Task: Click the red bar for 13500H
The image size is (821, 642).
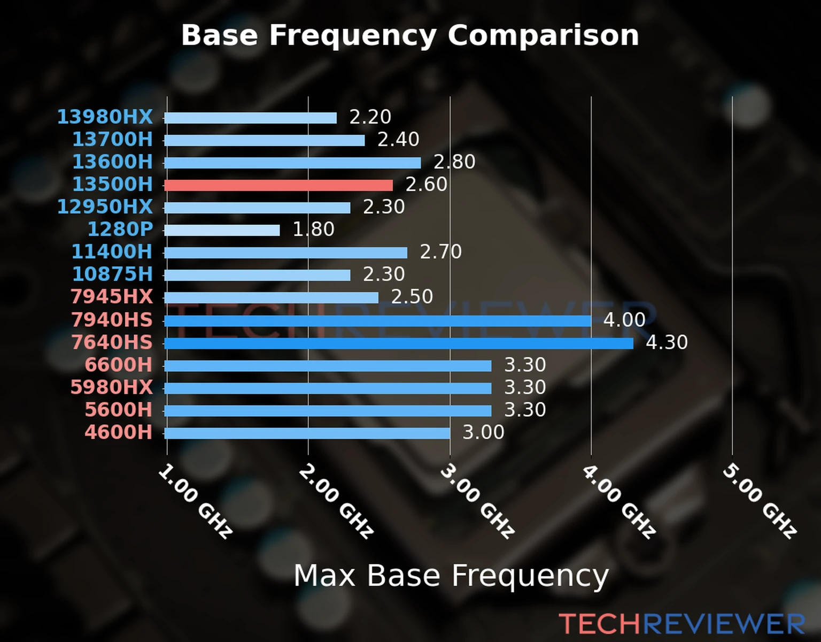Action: (278, 185)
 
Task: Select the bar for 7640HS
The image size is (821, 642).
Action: (399, 343)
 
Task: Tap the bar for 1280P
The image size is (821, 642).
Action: (222, 230)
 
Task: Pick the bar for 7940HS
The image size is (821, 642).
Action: (377, 320)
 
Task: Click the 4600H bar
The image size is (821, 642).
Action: (307, 433)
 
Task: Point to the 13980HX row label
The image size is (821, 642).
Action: (105, 117)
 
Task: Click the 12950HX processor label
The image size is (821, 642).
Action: (105, 207)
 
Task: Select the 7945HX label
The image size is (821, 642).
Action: (112, 296)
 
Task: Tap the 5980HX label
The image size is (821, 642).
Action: (112, 387)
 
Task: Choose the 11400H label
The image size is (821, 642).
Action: (112, 251)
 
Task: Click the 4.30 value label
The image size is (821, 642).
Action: (667, 342)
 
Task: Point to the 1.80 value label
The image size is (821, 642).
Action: (313, 230)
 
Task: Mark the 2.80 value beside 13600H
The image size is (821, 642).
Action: (454, 162)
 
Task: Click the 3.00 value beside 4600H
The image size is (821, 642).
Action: (483, 432)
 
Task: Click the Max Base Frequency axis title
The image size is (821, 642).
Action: (451, 576)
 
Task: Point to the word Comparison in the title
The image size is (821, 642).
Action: (543, 35)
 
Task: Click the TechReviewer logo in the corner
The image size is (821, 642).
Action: (681, 624)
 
